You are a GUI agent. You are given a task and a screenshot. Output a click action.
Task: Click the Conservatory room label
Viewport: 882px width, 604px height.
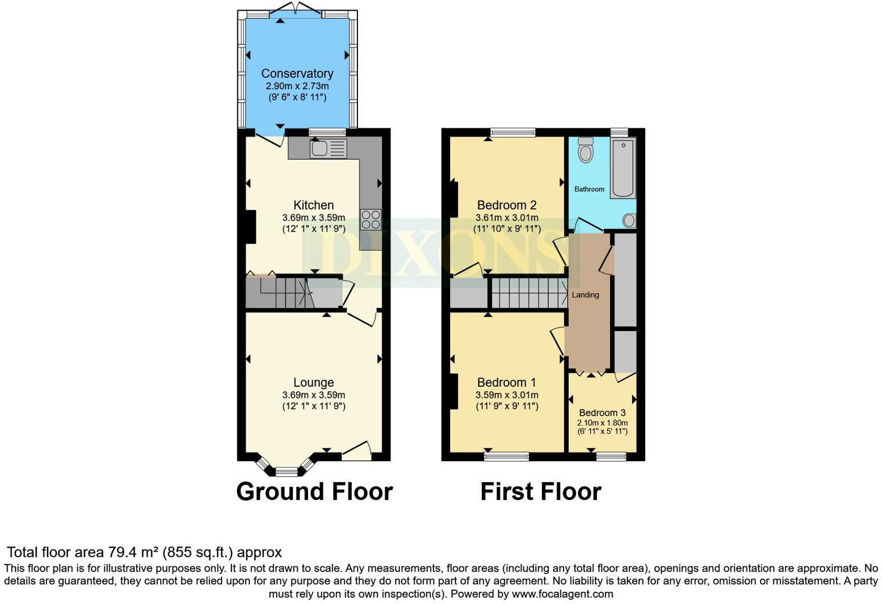pos(297,74)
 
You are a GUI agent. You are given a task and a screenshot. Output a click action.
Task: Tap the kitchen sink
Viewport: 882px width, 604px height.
pos(328,149)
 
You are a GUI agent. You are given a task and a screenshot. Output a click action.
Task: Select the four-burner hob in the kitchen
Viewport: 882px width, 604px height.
pos(371,220)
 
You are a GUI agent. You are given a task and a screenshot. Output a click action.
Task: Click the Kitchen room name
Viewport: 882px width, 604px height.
pos(313,205)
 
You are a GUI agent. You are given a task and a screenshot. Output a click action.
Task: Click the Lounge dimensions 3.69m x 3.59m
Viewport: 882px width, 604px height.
pos(313,395)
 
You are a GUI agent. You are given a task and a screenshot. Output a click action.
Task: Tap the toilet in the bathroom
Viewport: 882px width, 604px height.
pos(586,150)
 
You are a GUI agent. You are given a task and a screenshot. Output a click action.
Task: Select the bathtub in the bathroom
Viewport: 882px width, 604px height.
pos(624,168)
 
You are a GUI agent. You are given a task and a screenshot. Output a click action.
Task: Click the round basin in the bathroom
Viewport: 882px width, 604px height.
pos(628,220)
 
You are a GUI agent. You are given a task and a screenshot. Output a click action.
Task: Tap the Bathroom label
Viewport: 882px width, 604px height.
pos(589,189)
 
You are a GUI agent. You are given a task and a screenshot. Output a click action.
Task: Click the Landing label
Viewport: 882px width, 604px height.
pos(585,295)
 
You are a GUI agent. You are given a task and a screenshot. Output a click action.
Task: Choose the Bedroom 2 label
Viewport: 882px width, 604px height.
pos(507,205)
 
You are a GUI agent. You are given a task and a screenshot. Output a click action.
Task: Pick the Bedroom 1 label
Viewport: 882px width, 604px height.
pos(507,383)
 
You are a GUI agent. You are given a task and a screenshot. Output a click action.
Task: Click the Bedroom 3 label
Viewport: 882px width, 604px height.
pos(602,413)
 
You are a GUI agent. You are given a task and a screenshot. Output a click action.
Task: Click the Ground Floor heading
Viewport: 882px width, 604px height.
pos(315,492)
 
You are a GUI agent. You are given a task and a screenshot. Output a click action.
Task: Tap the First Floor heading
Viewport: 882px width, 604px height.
pos(541,492)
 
